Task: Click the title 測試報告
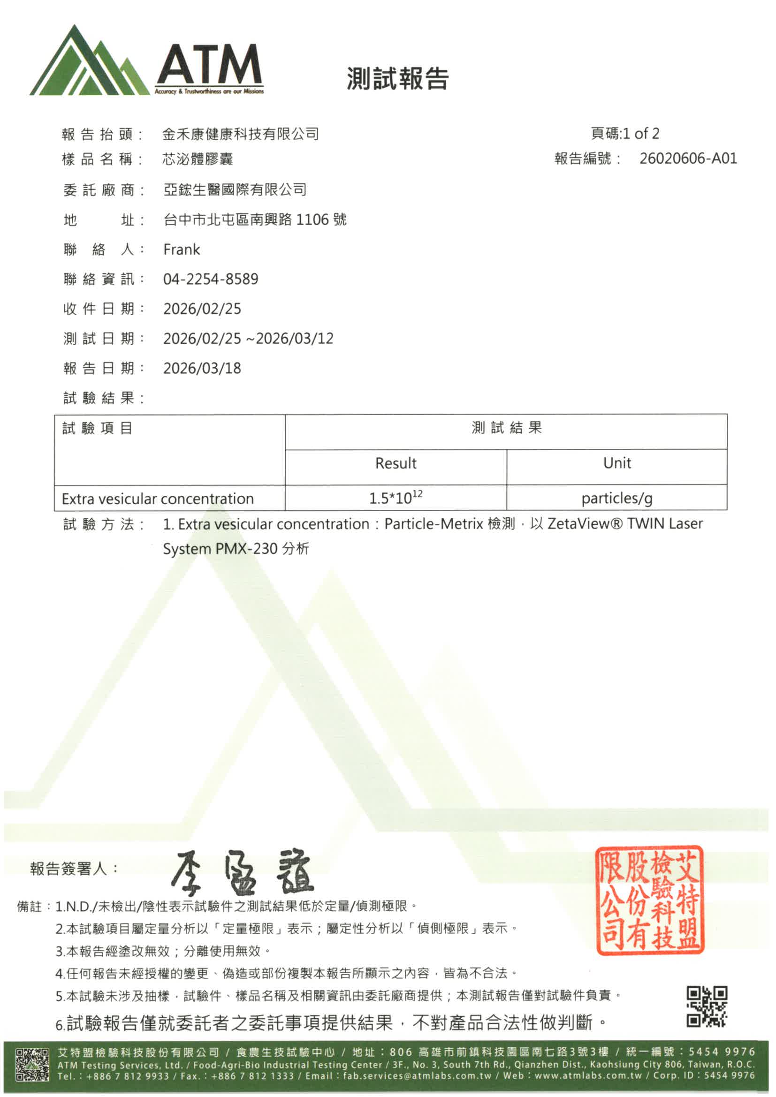pyautogui.click(x=397, y=78)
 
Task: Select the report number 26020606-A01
pyautogui.click(x=688, y=158)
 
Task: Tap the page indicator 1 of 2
pyautogui.click(x=641, y=133)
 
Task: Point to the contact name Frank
pyautogui.click(x=182, y=250)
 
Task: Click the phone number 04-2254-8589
pyautogui.click(x=211, y=279)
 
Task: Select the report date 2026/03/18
pyautogui.click(x=202, y=368)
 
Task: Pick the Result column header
pyautogui.click(x=396, y=463)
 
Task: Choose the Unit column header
pyautogui.click(x=617, y=463)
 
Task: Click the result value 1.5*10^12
pyautogui.click(x=396, y=499)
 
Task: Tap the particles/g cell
pyautogui.click(x=617, y=499)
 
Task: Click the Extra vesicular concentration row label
pyautogui.click(x=158, y=499)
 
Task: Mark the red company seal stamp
pyautogui.click(x=649, y=900)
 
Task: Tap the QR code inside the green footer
pyautogui.click(x=32, y=1064)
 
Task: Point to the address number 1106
pyautogui.click(x=312, y=220)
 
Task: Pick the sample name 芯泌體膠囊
pyautogui.click(x=198, y=159)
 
